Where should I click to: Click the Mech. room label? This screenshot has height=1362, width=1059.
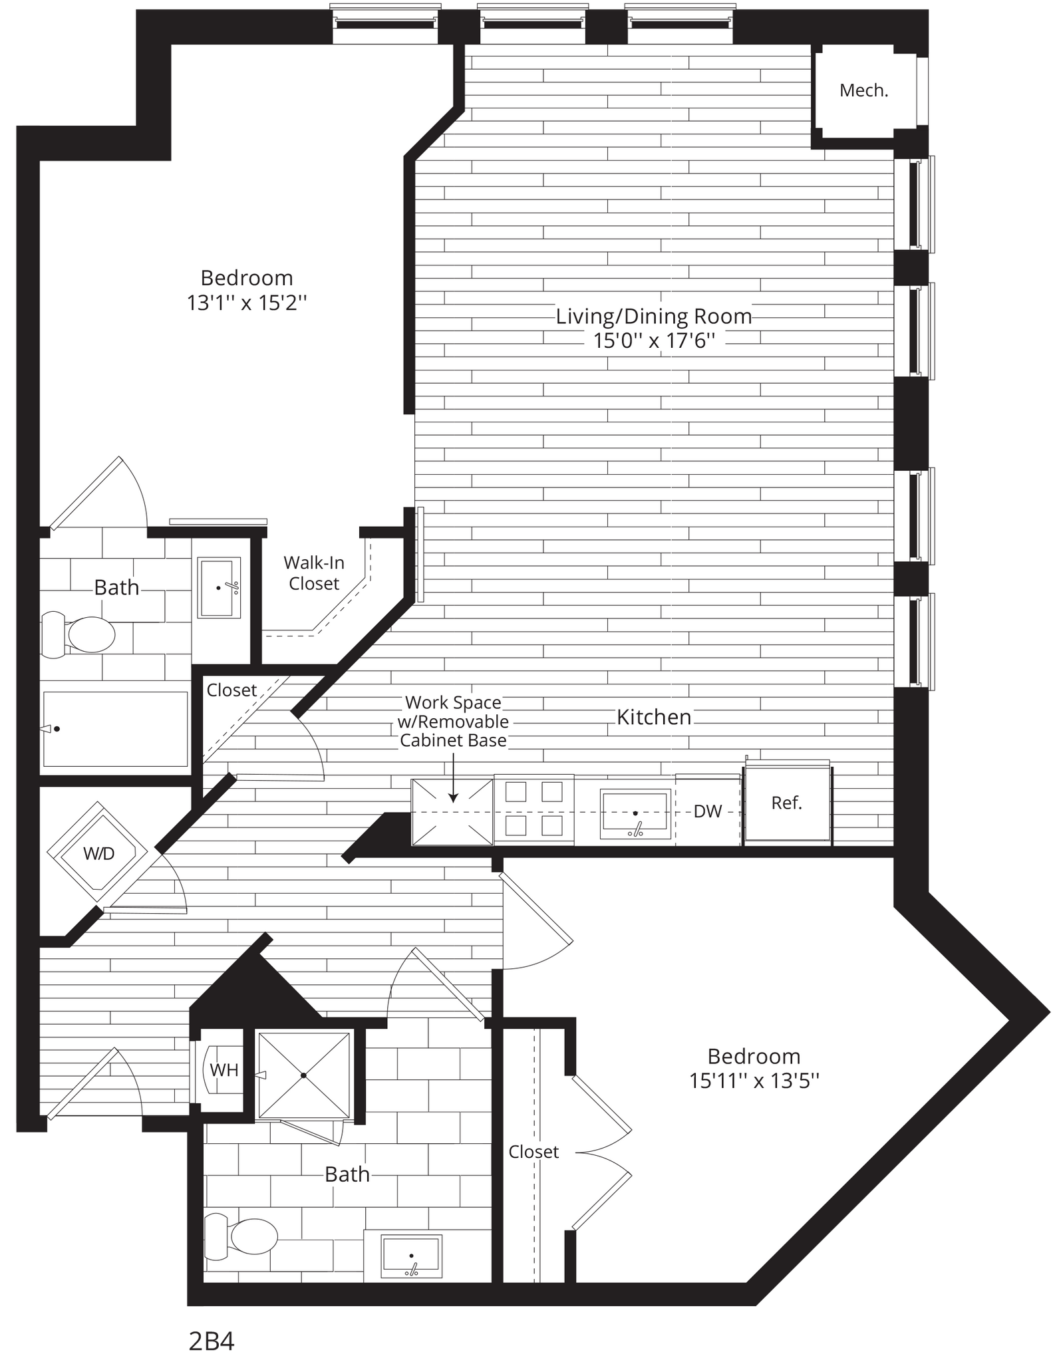[863, 91]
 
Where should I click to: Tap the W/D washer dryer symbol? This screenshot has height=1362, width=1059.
[98, 854]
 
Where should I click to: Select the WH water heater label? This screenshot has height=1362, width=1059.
[224, 1070]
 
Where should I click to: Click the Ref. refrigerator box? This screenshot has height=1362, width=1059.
[787, 803]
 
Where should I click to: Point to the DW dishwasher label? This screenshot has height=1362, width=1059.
[707, 811]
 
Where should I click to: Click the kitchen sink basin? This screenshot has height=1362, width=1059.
[635, 811]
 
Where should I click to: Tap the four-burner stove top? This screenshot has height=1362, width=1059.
[533, 809]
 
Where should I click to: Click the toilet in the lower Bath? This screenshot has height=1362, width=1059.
[241, 1238]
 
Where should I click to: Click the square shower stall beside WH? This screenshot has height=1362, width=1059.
[303, 1075]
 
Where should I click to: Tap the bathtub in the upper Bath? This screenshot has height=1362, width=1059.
[115, 730]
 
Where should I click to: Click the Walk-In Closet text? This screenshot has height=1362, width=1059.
[314, 573]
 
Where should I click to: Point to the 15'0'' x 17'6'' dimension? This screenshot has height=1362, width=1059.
[654, 341]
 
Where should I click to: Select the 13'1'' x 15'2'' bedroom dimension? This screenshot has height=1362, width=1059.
[247, 303]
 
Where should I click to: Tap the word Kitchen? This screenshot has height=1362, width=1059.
[654, 717]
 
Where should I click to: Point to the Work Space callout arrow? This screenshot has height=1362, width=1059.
[453, 778]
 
